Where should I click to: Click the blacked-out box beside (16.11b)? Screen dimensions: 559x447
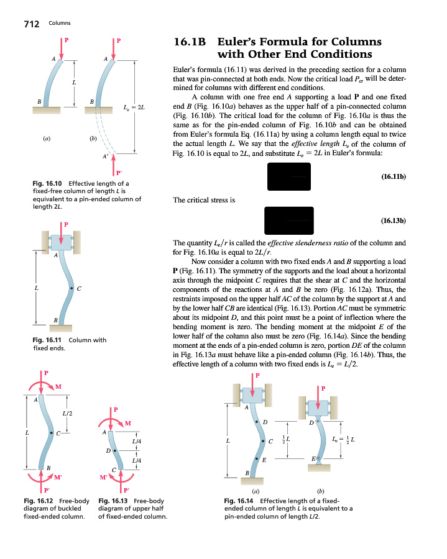288,177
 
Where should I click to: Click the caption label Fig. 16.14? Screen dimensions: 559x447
240,501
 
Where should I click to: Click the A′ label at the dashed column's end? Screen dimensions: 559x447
106,157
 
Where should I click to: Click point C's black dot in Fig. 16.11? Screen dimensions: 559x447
72,289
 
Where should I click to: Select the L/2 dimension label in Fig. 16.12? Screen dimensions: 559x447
67,413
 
